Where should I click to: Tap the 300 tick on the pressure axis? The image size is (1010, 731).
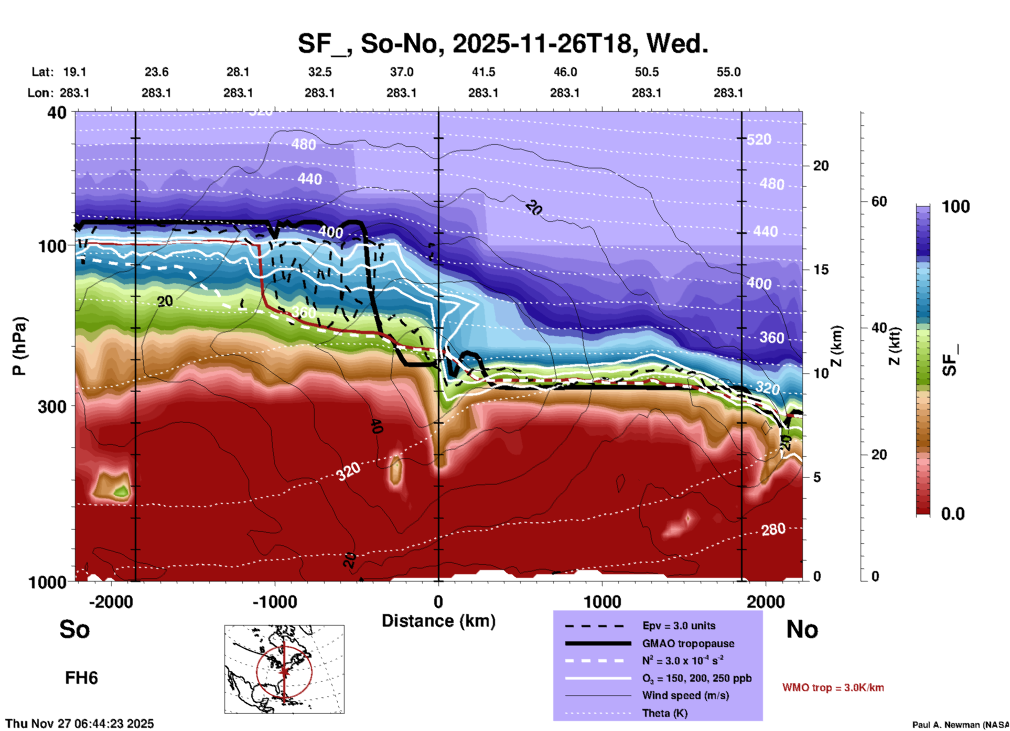(x=52, y=406)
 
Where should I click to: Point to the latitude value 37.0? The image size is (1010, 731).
(x=401, y=72)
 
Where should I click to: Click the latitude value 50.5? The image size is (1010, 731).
(x=646, y=72)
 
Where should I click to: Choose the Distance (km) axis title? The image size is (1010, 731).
(x=438, y=621)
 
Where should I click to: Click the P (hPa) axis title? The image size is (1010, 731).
(x=19, y=346)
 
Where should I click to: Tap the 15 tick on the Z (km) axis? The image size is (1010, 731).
(x=821, y=270)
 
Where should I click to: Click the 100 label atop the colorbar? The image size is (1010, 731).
(x=955, y=207)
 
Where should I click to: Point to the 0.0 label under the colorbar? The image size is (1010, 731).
(x=953, y=514)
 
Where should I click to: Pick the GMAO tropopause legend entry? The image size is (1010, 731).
(x=688, y=643)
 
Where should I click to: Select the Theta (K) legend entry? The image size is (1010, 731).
(x=664, y=713)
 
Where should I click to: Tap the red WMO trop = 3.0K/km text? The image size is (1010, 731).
(x=833, y=687)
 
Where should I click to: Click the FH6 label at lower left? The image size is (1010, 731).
(x=81, y=678)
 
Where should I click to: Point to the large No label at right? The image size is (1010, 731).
(x=802, y=629)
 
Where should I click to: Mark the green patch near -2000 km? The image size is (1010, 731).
(x=121, y=491)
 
